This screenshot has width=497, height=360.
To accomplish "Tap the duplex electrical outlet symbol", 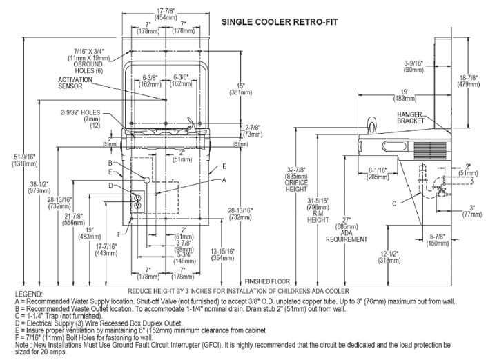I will (x=137, y=202).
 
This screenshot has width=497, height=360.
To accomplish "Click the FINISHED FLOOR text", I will (x=266, y=281).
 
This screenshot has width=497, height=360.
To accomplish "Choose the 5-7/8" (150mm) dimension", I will (x=438, y=241).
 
